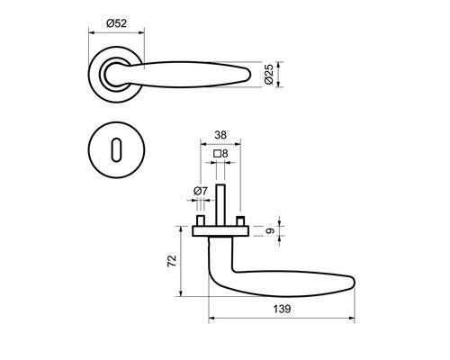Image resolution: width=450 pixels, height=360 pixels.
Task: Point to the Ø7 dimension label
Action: coord(200,191)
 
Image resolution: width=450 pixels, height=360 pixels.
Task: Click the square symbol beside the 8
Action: coord(218,154)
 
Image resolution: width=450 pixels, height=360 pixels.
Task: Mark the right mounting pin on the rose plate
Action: coord(240,220)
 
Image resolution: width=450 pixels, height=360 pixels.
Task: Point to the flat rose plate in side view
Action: coord(220,230)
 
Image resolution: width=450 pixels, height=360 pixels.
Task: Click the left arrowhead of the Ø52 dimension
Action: coord(90,32)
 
